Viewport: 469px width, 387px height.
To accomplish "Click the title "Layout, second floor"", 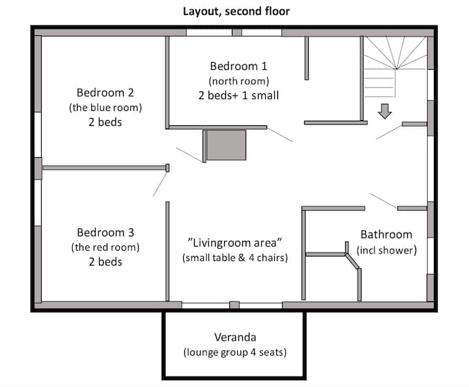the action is [x=236, y=11].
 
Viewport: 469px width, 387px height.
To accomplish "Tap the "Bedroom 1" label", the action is [x=238, y=66].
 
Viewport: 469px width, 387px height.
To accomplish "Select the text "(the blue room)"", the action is [x=106, y=107].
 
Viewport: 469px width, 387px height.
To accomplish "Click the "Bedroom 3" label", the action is [x=106, y=232].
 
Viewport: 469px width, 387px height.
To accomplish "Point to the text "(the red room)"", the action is [x=106, y=247].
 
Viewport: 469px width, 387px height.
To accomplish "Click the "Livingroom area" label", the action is [x=234, y=243].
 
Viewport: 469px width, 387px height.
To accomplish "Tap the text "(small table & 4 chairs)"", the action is [x=235, y=258].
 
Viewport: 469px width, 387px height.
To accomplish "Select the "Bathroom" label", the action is [x=386, y=234].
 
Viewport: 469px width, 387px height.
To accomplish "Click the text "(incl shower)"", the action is [x=386, y=250].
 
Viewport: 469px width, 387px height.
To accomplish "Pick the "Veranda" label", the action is [x=235, y=337].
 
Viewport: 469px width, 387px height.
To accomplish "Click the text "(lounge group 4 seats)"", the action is [x=235, y=352].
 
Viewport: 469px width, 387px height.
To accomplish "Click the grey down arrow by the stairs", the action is [x=385, y=111].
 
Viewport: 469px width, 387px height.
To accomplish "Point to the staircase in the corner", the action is [x=395, y=67].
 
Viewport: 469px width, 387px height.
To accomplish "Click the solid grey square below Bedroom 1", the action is [x=227, y=145].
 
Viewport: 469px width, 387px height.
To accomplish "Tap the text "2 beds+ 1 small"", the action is [x=238, y=95].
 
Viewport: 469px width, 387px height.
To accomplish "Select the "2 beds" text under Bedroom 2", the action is [x=106, y=122].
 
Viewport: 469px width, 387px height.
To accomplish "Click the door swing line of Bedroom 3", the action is [x=160, y=184].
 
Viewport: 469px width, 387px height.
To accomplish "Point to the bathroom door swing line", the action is [x=384, y=200].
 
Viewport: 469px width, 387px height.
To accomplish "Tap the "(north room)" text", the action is [x=238, y=81].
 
